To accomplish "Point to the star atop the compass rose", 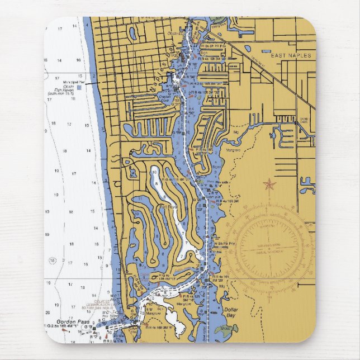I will coord(270,184).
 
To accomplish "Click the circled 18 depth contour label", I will coord(52,260).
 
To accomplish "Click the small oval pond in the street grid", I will coord(133,34).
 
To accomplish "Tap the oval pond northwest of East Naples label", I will coord(247,49).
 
